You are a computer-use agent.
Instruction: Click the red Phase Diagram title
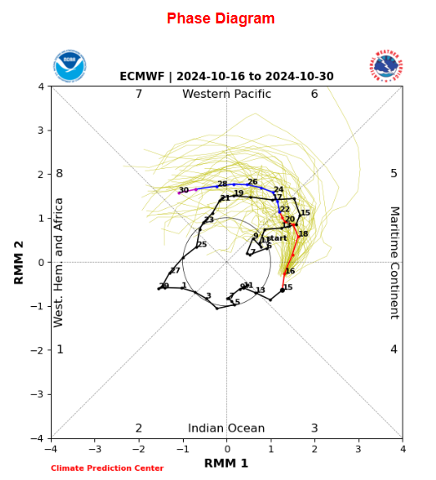[x=221, y=18]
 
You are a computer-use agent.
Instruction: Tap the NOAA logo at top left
[x=69, y=65]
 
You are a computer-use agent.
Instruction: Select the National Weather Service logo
[x=386, y=65]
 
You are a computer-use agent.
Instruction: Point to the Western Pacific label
[x=226, y=94]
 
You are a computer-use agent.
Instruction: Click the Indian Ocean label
[x=226, y=428]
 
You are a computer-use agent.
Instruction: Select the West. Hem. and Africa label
[x=59, y=262]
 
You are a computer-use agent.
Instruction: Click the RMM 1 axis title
[x=226, y=463]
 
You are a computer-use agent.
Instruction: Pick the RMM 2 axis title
[x=19, y=262]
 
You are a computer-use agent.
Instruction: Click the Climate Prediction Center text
[x=107, y=468]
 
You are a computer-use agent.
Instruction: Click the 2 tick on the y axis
[x=41, y=175]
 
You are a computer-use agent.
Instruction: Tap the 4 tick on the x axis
[x=402, y=448]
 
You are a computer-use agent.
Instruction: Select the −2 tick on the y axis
[x=39, y=350]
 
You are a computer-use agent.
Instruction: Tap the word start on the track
[x=276, y=238]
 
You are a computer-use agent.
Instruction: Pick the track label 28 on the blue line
[x=222, y=184]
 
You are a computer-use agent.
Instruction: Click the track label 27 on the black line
[x=175, y=271]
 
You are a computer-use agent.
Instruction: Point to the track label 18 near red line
[x=303, y=234]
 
